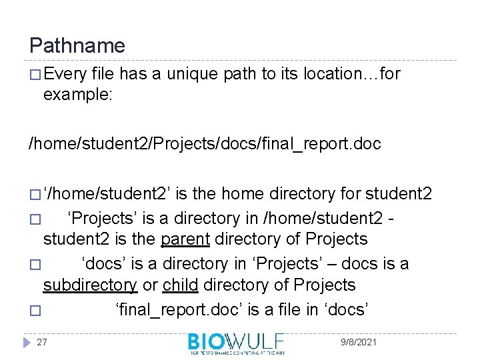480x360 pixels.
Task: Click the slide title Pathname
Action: pyautogui.click(x=77, y=46)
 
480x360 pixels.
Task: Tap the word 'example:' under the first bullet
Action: pyautogui.click(x=78, y=95)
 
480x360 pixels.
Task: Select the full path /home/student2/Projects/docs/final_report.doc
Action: pyautogui.click(x=204, y=144)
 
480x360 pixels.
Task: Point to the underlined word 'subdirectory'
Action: pyautogui.click(x=90, y=285)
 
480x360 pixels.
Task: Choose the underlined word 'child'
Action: pyautogui.click(x=180, y=285)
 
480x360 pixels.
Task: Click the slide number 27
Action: pyautogui.click(x=42, y=342)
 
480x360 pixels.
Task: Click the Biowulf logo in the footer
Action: pyautogui.click(x=236, y=343)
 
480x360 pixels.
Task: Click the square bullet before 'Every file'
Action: pyautogui.click(x=35, y=75)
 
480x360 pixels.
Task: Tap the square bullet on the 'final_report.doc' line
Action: pyautogui.click(x=35, y=311)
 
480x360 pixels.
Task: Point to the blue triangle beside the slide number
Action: pyautogui.click(x=26, y=342)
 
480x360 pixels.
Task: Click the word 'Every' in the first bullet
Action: pyautogui.click(x=63, y=74)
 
